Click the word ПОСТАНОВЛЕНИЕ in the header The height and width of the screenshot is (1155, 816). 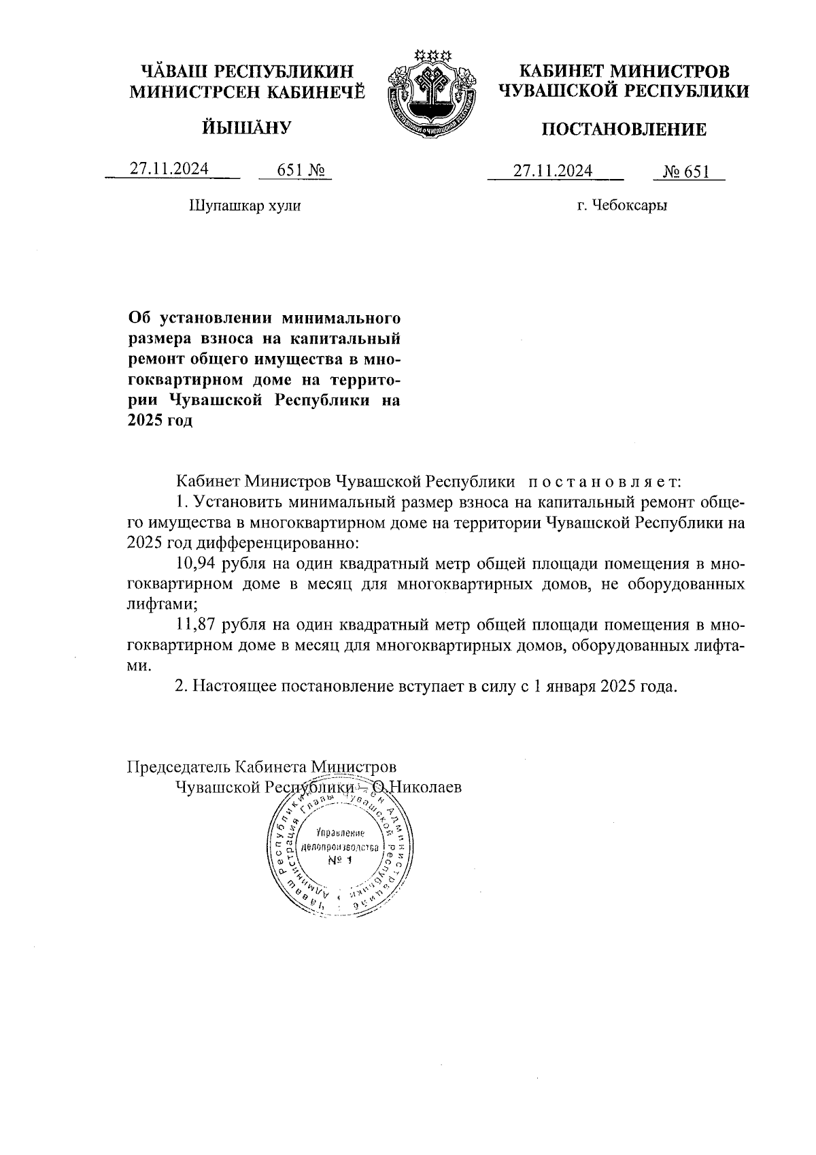click(x=623, y=129)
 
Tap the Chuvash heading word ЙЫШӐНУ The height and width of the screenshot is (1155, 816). click(x=247, y=127)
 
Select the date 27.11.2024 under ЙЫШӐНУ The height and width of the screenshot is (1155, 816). click(x=169, y=169)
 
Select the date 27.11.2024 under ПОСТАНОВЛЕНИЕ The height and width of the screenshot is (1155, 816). click(x=553, y=170)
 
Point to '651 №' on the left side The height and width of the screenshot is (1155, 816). click(x=294, y=170)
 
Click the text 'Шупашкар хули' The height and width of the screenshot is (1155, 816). click(x=244, y=206)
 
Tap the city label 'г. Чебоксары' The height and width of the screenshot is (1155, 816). click(x=622, y=206)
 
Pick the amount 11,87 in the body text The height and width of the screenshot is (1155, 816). click(x=195, y=624)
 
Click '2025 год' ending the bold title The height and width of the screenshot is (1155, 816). click(x=160, y=421)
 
